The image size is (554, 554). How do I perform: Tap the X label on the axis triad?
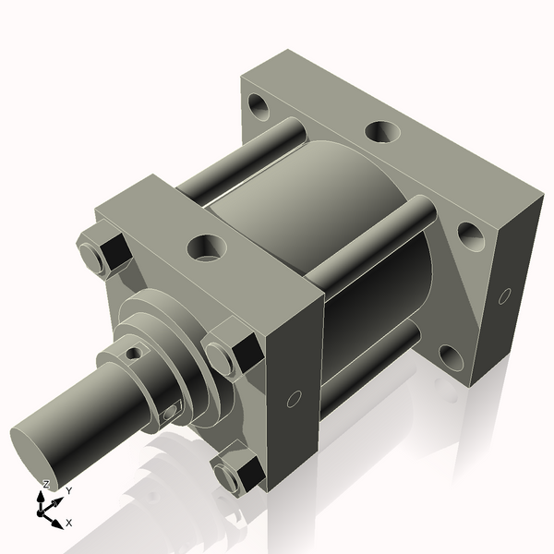coord(69,522)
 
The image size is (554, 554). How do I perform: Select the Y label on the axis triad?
coord(67,491)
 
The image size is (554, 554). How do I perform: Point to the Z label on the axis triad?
coord(45,484)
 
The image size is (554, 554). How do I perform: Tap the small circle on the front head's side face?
coord(295,399)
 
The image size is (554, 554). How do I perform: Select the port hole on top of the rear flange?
coord(379,132)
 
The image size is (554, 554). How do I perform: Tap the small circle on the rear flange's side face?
coord(503,296)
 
